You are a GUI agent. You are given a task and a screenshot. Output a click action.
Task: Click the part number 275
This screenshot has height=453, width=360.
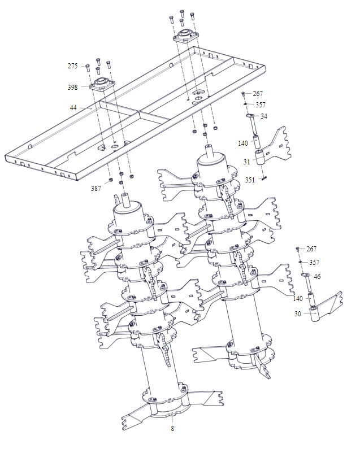point(72,66)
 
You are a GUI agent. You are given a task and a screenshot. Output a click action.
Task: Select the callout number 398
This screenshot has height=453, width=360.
point(72,87)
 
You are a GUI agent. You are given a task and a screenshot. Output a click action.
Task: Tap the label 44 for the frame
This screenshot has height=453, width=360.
point(73,108)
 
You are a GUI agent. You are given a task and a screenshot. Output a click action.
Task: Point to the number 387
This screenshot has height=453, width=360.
point(96,189)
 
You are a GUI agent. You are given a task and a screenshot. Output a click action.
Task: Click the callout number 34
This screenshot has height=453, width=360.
point(264,116)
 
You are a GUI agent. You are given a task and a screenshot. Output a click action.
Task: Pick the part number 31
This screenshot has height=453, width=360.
point(246,162)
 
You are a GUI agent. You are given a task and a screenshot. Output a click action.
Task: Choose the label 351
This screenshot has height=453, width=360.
point(250,180)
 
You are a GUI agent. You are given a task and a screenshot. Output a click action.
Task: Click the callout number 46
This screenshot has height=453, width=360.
point(317,276)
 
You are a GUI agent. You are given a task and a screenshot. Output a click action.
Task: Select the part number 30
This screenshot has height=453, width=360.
point(297,313)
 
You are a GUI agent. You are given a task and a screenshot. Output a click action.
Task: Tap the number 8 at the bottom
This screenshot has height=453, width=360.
point(172,429)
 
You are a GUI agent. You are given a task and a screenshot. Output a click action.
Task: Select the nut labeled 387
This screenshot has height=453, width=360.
point(110,181)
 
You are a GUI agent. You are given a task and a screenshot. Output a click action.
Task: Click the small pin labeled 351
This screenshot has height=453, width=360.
point(264,178)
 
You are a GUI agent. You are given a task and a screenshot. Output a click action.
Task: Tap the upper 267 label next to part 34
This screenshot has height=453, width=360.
point(258,93)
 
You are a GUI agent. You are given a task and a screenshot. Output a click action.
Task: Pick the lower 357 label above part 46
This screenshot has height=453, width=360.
point(314,262)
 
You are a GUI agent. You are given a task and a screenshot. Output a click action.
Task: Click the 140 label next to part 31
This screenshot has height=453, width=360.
point(243,143)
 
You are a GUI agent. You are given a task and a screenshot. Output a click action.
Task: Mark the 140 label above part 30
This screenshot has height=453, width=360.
point(298,299)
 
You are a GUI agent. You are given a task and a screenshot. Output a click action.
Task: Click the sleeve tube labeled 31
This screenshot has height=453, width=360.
point(260,157)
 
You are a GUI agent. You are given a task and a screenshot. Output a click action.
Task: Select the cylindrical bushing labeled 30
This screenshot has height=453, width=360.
point(314,314)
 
